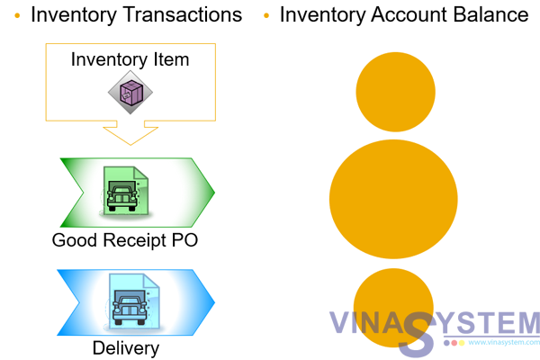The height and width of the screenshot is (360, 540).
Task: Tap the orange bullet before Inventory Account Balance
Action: (265, 16)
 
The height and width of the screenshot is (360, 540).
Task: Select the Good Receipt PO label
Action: (124, 240)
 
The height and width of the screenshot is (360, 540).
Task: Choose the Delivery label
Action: (126, 348)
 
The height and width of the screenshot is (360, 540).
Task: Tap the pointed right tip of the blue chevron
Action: (216, 300)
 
